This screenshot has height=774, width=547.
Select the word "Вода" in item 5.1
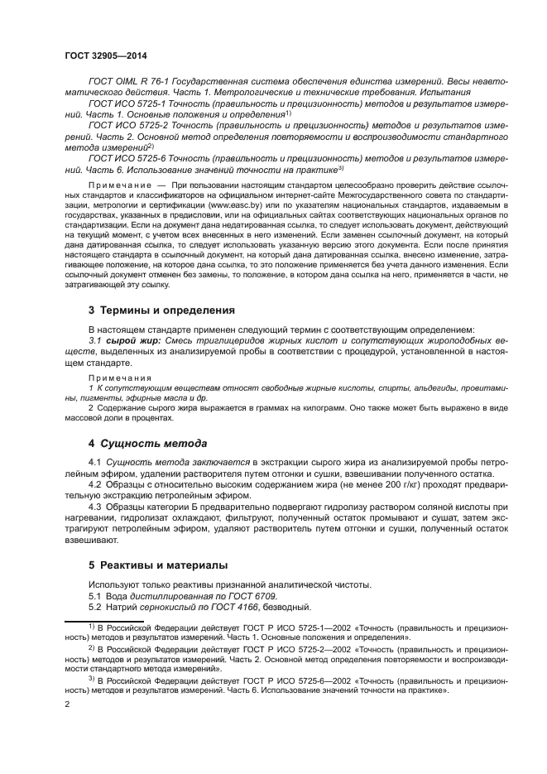click(x=118, y=596)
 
